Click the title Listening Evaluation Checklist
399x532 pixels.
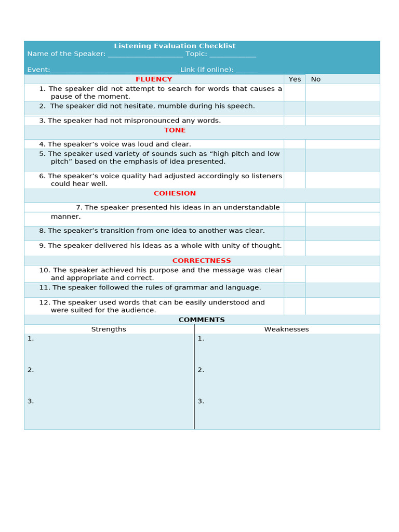(175, 46)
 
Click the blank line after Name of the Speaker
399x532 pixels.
(145, 55)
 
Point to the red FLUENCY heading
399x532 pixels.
(154, 79)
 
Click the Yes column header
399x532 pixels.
(295, 79)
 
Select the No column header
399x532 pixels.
(316, 79)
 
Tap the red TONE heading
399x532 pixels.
(175, 130)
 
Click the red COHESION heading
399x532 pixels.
(175, 193)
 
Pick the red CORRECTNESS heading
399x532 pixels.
(202, 261)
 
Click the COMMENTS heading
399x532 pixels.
(202, 320)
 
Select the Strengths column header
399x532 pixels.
(109, 329)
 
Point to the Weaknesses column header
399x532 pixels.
(286, 329)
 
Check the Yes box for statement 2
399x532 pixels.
(295, 108)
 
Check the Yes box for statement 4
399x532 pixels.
(295, 144)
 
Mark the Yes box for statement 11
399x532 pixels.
(295, 290)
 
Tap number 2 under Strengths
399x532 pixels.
(31, 370)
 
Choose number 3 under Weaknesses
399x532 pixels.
(201, 401)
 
